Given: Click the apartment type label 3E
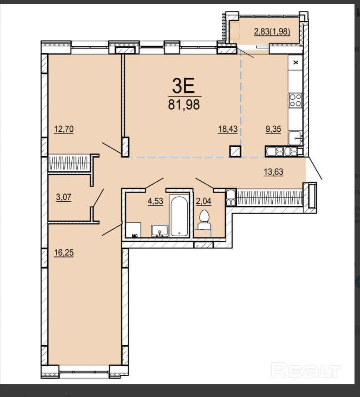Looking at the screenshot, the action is [x=184, y=85].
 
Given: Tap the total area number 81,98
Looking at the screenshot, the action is [x=184, y=104].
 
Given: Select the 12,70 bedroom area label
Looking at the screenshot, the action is [x=64, y=129].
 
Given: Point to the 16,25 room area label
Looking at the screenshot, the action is [x=64, y=253].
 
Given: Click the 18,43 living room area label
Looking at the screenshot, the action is [x=228, y=129].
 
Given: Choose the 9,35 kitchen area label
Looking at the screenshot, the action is [x=273, y=129].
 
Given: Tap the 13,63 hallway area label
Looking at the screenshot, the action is [x=274, y=172].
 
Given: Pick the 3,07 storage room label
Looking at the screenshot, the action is [x=64, y=197].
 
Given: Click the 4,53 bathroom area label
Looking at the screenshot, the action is [x=155, y=201].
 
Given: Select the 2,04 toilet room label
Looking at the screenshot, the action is [x=204, y=201].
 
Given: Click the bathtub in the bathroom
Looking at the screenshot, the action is [x=179, y=216].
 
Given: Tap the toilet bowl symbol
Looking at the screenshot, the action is [x=204, y=220].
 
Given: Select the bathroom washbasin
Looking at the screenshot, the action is [x=160, y=231].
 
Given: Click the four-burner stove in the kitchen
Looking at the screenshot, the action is [x=295, y=100].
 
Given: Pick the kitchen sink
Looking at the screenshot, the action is [x=295, y=138].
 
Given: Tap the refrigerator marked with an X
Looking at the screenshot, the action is [x=295, y=62].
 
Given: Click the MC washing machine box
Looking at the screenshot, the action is [x=134, y=230].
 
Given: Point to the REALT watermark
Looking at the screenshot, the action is [x=306, y=370].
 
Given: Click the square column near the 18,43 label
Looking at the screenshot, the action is [x=235, y=151].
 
